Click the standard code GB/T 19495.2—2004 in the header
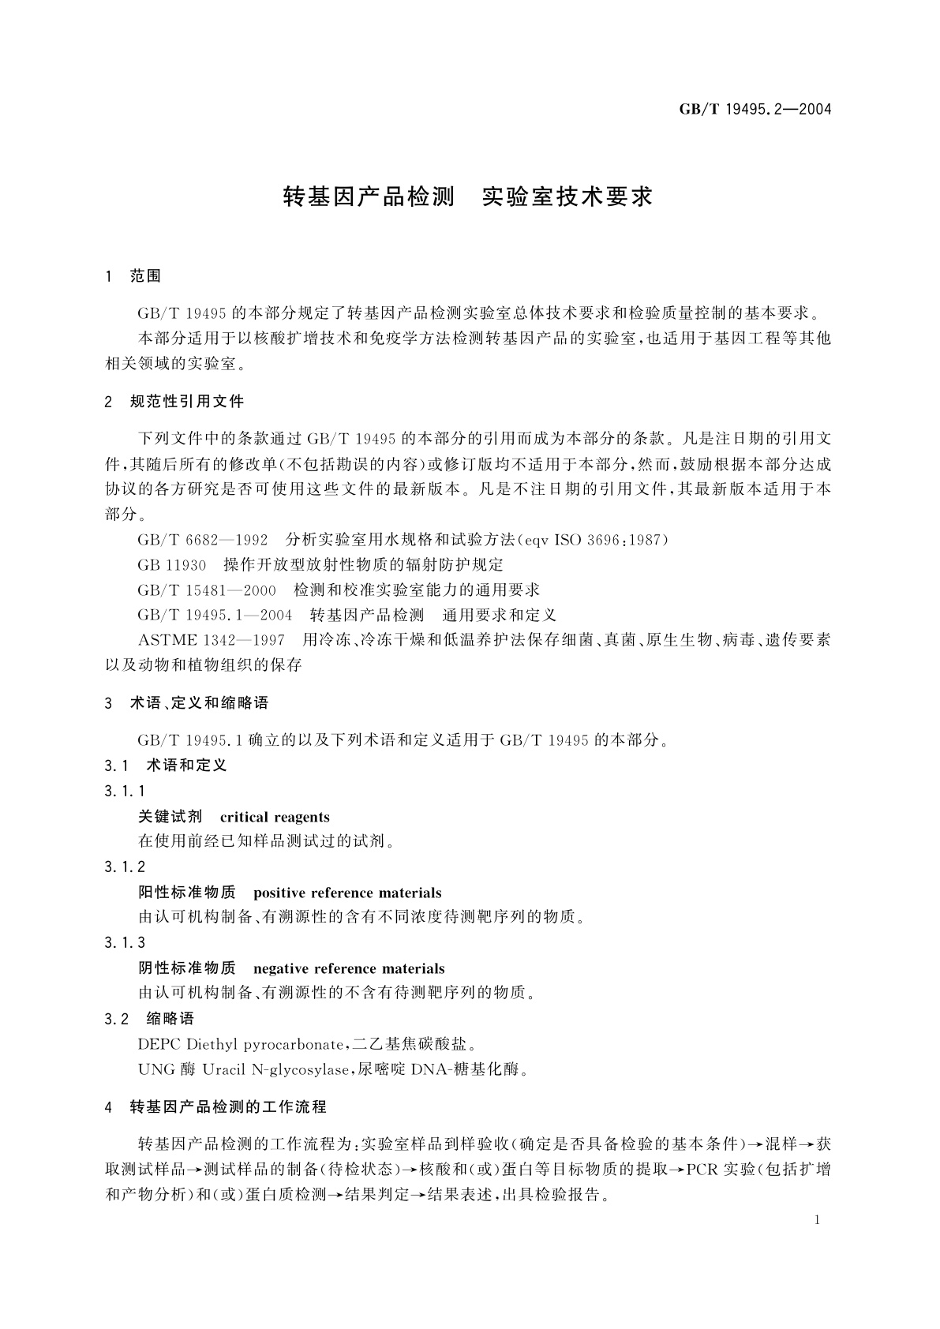click(x=755, y=110)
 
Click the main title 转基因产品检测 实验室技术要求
click(x=469, y=197)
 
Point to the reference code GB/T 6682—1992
click(x=203, y=540)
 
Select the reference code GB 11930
click(x=171, y=565)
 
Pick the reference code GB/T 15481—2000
click(x=207, y=590)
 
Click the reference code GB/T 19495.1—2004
click(x=215, y=616)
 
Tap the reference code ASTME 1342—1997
click(x=212, y=640)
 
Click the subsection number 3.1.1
click(x=125, y=792)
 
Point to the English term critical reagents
click(x=275, y=818)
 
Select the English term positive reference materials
click(x=347, y=893)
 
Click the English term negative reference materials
click(x=349, y=969)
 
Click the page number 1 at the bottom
click(x=817, y=1220)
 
